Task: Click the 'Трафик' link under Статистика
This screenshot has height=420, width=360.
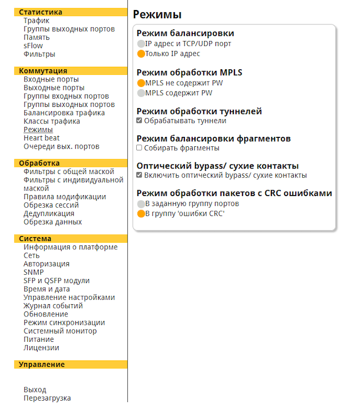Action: (x=37, y=21)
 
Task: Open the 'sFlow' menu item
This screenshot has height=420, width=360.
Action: (x=33, y=46)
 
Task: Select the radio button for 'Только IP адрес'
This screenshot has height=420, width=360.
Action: (x=141, y=54)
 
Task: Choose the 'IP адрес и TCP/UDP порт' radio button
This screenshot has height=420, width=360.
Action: (x=141, y=43)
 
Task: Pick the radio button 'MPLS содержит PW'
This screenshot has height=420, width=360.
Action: (x=141, y=93)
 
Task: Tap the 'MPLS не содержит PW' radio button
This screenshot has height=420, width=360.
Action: (x=141, y=83)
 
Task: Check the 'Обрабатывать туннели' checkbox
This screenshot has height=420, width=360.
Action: (x=140, y=121)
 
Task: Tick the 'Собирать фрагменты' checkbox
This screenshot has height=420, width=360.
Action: (x=140, y=148)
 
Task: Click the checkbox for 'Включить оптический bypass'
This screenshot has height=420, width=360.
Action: (x=140, y=175)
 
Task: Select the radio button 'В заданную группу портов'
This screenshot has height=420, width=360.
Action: (x=141, y=204)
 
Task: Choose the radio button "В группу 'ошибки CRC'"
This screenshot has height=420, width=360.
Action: (x=141, y=213)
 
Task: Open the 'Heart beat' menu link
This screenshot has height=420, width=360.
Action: (x=42, y=138)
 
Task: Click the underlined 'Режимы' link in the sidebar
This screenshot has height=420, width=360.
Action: (x=38, y=130)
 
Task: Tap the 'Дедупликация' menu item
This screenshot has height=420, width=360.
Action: (x=49, y=213)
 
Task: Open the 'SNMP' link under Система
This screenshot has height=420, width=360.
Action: (x=34, y=273)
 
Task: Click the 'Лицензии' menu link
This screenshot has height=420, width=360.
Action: (x=41, y=348)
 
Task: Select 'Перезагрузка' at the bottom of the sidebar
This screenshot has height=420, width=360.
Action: (x=47, y=398)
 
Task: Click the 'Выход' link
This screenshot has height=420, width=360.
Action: (x=35, y=390)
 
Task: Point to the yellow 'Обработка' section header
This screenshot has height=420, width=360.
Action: (x=39, y=163)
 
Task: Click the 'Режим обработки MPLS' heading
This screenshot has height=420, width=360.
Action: (x=189, y=72)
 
